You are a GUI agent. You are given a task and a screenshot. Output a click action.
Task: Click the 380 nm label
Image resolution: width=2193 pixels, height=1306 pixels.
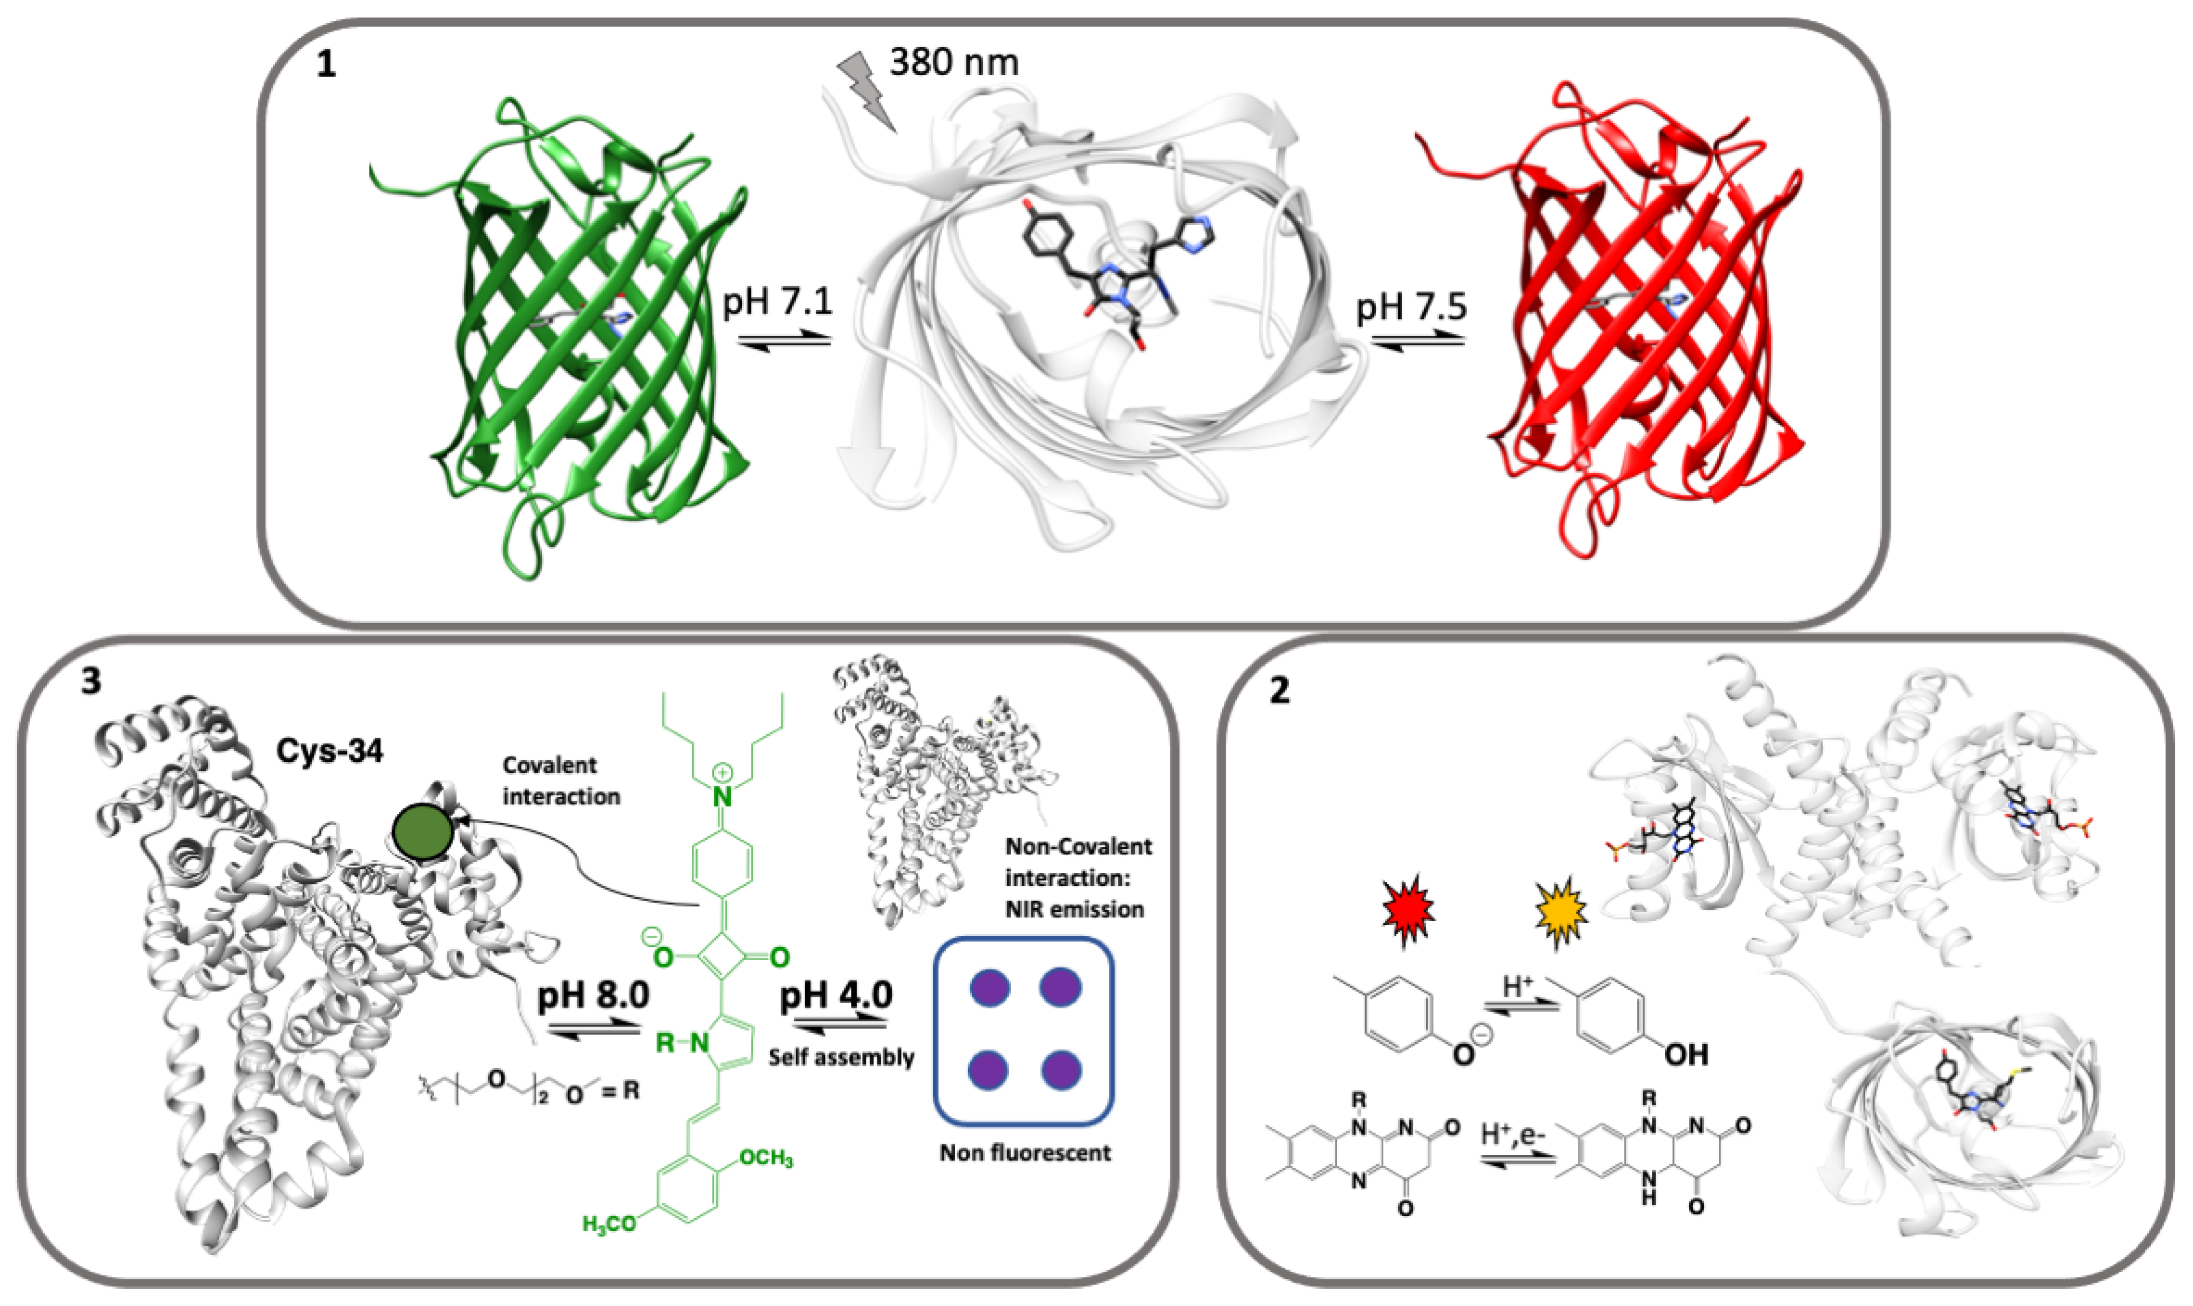pyautogui.click(x=954, y=62)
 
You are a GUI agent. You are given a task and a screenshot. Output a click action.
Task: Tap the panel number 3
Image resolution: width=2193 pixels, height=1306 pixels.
pyautogui.click(x=91, y=682)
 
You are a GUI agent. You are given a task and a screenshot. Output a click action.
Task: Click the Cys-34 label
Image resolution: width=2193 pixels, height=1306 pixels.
pyautogui.click(x=329, y=751)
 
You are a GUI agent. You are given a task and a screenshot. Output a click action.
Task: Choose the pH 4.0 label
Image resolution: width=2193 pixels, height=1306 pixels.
pyautogui.click(x=836, y=995)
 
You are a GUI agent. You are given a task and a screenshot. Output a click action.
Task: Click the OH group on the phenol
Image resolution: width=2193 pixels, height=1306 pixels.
pyautogui.click(x=1685, y=1054)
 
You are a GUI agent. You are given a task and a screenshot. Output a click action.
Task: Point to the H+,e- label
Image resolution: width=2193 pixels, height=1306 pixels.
pyautogui.click(x=1512, y=1135)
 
